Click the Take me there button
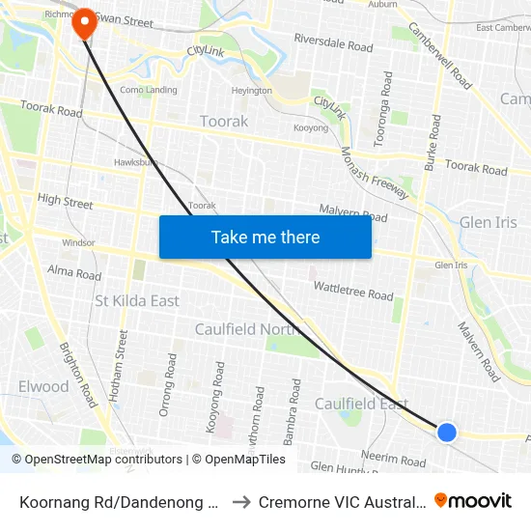tap(265, 237)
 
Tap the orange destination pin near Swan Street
tap(85, 23)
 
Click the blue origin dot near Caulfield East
tap(447, 432)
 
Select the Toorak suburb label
tap(224, 122)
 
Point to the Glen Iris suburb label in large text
tap(489, 222)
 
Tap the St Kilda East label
tap(137, 301)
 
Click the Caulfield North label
tap(247, 329)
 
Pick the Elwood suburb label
tap(43, 386)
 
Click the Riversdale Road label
tap(333, 44)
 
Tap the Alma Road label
tap(74, 274)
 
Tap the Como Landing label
tap(149, 90)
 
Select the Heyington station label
tap(252, 91)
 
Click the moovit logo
tap(473, 500)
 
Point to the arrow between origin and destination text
tap(241, 501)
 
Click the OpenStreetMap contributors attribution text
tap(99, 460)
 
